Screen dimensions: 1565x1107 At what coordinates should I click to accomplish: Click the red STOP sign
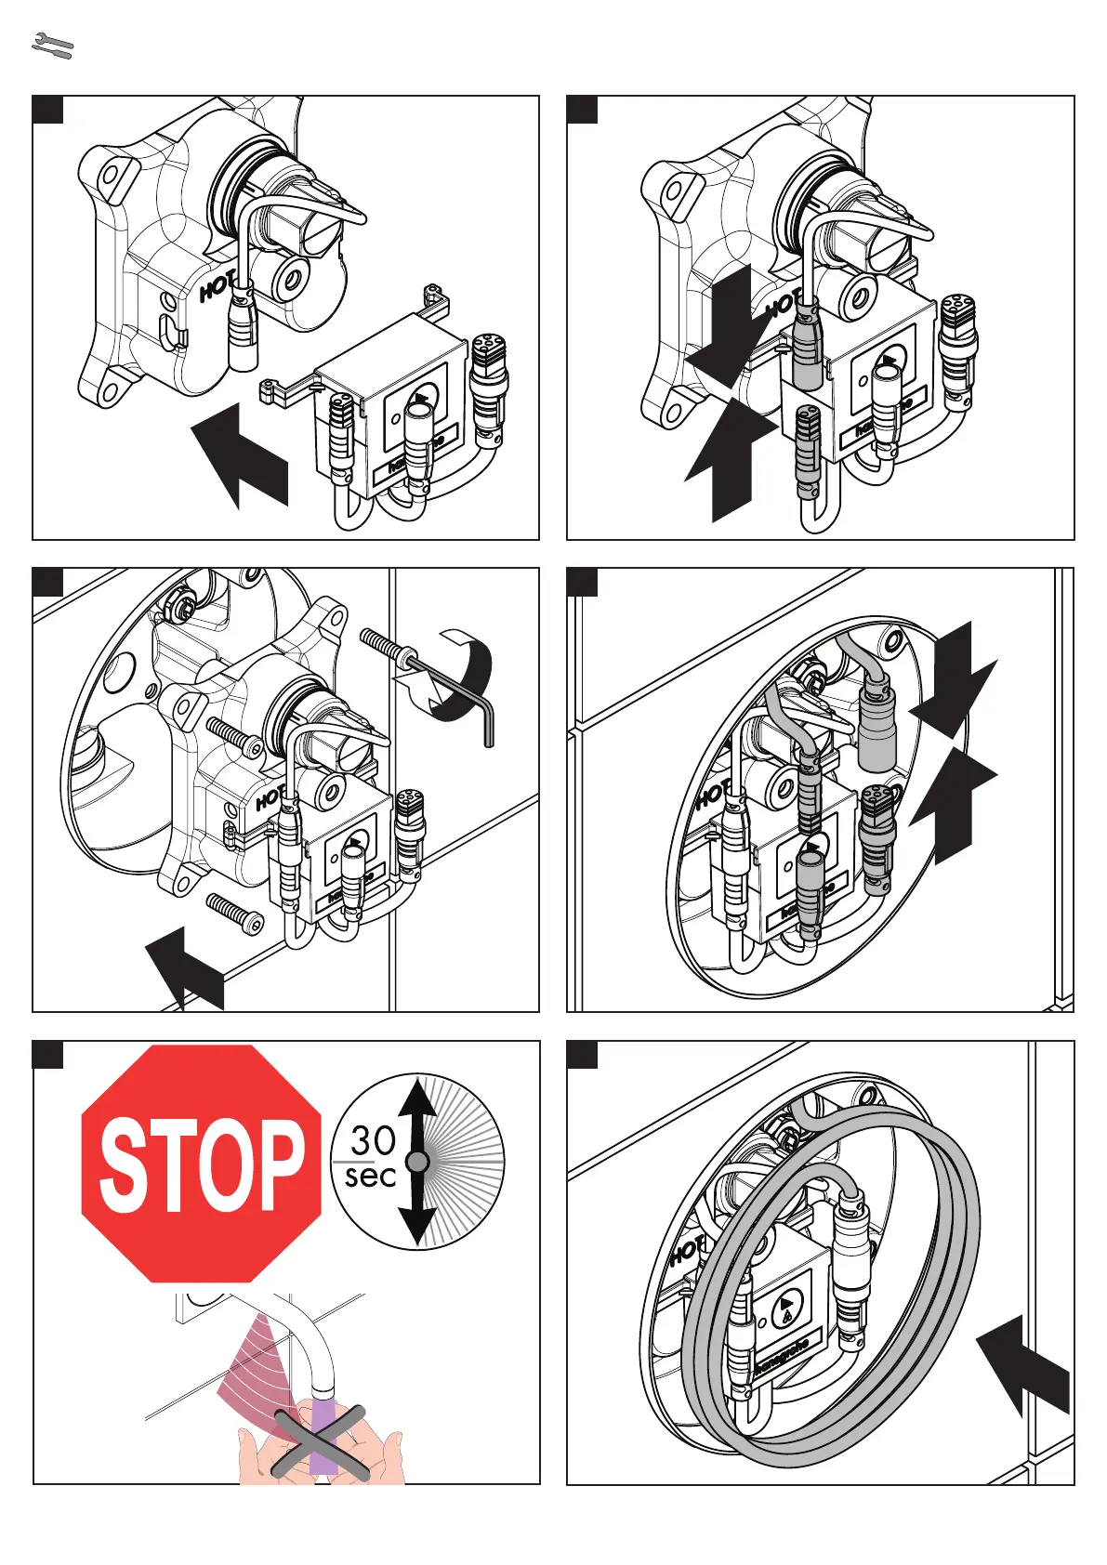point(202,1164)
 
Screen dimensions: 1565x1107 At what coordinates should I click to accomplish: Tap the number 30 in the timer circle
point(373,1140)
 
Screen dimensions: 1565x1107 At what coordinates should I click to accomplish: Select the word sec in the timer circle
point(370,1177)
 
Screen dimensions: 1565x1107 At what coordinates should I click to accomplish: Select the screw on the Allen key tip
point(383,643)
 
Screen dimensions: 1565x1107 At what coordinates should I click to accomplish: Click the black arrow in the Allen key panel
point(186,967)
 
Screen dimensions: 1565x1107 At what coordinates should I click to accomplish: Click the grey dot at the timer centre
point(417,1162)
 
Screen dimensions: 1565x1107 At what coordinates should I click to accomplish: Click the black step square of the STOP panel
point(48,1055)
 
